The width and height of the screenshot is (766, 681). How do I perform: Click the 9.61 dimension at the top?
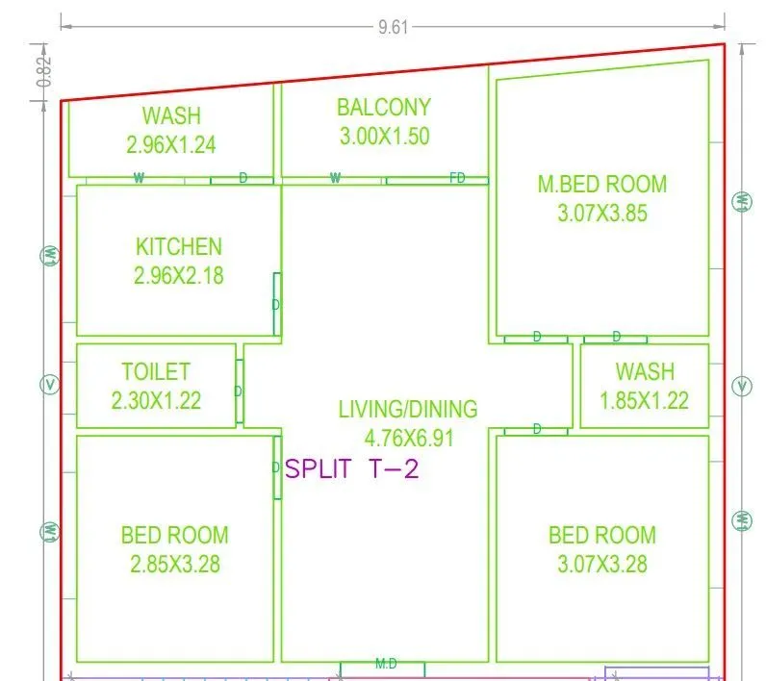[x=394, y=28]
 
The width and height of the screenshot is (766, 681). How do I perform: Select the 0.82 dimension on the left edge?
[x=44, y=73]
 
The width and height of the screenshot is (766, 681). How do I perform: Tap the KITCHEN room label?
[x=179, y=247]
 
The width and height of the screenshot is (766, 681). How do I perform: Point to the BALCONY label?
[x=384, y=107]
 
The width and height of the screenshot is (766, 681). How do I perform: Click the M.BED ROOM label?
[x=602, y=184]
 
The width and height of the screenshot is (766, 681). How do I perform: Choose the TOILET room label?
[x=156, y=371]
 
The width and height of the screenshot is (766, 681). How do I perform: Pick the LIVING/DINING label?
[x=408, y=409]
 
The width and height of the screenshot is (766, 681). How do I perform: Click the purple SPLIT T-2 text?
[x=353, y=469]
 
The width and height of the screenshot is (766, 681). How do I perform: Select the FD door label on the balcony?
[x=458, y=178]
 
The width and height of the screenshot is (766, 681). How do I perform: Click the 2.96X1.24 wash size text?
[x=171, y=145]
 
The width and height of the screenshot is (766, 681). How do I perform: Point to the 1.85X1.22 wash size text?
[x=645, y=401]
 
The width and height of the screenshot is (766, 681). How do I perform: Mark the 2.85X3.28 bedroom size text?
[x=175, y=564]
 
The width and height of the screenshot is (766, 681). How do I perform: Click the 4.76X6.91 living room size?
[x=408, y=438]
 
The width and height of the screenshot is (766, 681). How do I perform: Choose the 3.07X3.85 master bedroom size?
[x=602, y=214]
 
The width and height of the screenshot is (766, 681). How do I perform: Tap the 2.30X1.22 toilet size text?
[x=156, y=401]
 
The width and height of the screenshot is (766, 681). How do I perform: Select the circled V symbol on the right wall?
[x=741, y=387]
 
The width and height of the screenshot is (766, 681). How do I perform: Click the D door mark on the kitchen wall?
[x=276, y=304]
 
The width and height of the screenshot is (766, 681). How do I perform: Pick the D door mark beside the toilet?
[x=239, y=391]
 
